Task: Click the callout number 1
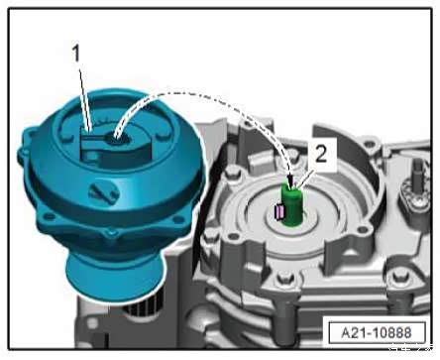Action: tap(76, 54)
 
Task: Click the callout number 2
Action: tap(321, 154)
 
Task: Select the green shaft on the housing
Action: tap(292, 205)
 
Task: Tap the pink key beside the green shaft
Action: tap(279, 211)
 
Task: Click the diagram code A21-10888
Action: tap(377, 332)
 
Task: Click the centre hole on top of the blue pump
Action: tap(115, 139)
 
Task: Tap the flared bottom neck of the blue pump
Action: tap(115, 276)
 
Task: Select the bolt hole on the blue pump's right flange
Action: tap(179, 219)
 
